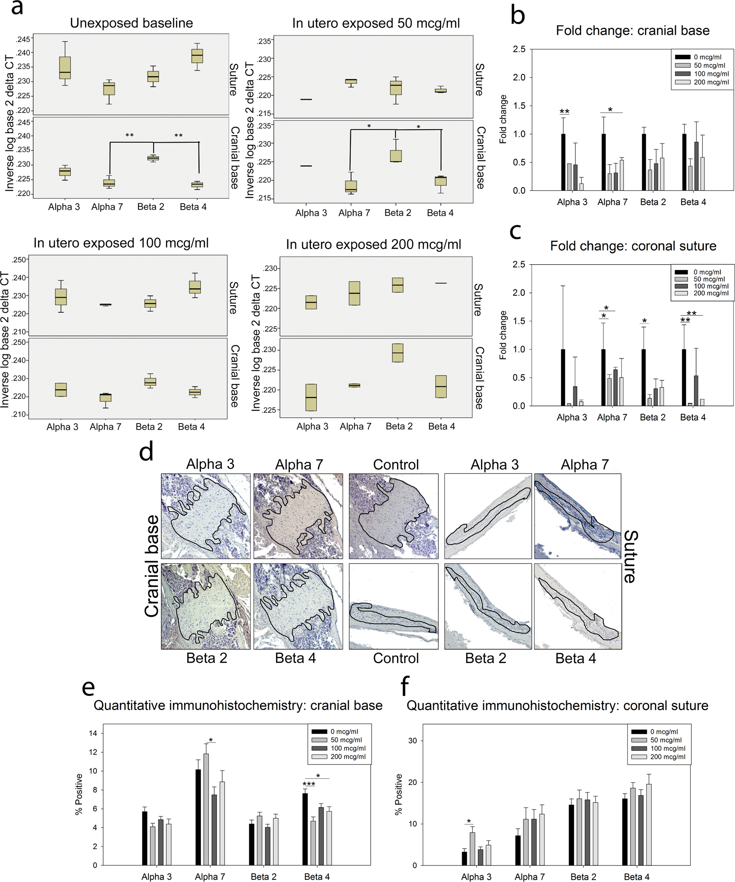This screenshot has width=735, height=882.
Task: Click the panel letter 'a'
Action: point(17,8)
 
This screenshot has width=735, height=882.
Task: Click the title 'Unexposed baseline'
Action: point(131,23)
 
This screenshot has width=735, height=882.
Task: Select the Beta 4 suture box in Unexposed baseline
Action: point(197,56)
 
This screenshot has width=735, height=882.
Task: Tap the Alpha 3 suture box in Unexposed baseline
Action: point(65,68)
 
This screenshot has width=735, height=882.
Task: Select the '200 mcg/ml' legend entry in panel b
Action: point(711,82)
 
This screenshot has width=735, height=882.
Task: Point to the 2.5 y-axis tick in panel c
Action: point(519,264)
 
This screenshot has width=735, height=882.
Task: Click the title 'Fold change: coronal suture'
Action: point(633,246)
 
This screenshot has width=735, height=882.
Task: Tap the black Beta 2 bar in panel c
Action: point(644,377)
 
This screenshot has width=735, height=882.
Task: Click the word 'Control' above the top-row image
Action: point(396,464)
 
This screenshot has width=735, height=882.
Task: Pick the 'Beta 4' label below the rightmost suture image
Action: point(575,658)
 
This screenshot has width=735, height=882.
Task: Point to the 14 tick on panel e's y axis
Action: point(93,733)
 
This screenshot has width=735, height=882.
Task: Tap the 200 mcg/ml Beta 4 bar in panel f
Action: point(649,824)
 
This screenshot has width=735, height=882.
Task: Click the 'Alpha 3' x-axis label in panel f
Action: point(476,876)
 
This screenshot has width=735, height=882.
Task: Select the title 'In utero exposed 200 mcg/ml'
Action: point(373,245)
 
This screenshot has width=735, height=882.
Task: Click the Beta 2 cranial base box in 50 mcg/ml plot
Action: point(396,156)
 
